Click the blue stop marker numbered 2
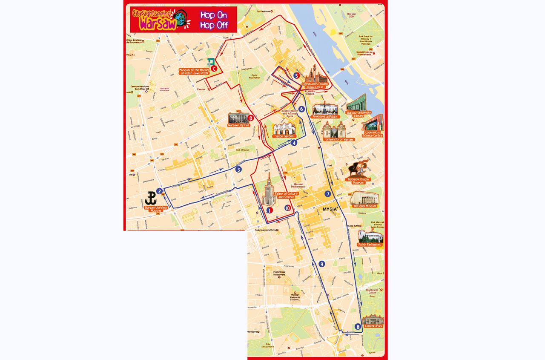pos(159,191)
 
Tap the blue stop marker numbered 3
pos(238,170)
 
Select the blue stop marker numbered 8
pos(358,327)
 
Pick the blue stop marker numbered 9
pos(321,264)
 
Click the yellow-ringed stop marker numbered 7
pos(327,194)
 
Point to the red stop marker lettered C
pos(214,68)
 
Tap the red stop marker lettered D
pos(251,118)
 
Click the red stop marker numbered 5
pos(296,75)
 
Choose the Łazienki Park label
pos(373,325)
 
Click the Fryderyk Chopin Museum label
pos(359,180)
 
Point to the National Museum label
pos(365,206)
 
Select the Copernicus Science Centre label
pos(372,134)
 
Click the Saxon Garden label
pos(284,136)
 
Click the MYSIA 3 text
pos(330,209)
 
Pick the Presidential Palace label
pos(325,116)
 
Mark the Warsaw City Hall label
pos(239,125)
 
